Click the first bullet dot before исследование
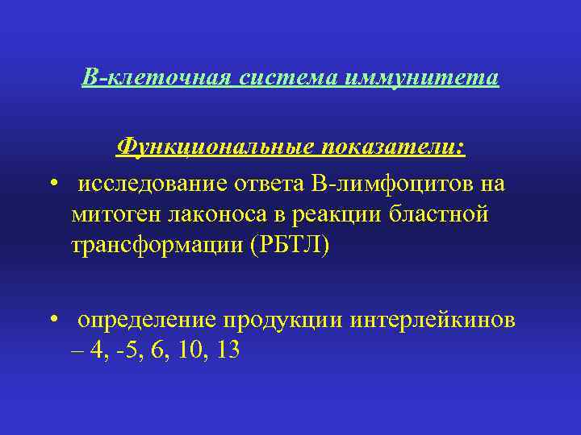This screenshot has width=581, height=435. click(52, 182)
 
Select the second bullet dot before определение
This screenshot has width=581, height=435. click(52, 318)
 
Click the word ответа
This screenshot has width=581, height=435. click(270, 184)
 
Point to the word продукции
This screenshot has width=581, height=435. click(283, 320)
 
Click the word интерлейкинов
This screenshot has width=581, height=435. click(435, 320)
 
